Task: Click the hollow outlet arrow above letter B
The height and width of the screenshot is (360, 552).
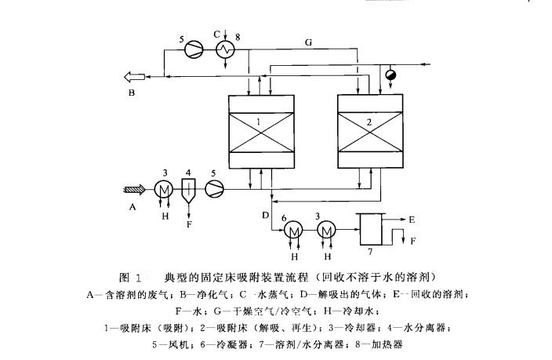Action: coord(131,76)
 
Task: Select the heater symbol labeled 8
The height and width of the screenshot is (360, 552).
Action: coord(227,49)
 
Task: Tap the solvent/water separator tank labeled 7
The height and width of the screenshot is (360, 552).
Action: coord(370,231)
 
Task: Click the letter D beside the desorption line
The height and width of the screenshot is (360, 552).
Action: coord(265,216)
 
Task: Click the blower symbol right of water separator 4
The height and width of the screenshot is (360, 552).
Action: coord(214,188)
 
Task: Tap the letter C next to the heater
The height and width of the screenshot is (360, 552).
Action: coord(217,34)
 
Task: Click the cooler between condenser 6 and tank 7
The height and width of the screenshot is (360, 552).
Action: coord(328,230)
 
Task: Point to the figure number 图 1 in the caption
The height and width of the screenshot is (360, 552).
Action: coord(131,278)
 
